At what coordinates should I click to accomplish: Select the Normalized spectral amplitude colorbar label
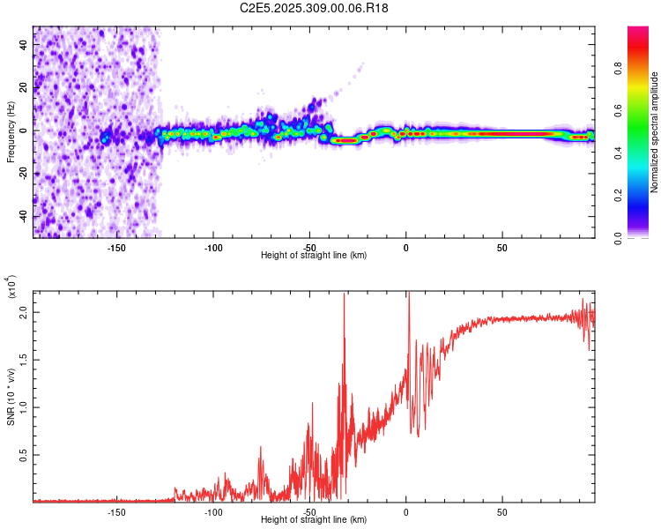[655, 132]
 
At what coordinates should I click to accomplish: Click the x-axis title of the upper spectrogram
[314, 255]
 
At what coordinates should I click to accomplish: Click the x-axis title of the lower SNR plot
[314, 519]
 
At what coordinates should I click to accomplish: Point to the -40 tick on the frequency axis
[23, 216]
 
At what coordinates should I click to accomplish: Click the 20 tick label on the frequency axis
[23, 87]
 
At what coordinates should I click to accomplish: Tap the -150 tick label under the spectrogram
[117, 248]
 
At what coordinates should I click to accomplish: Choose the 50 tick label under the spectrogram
[501, 248]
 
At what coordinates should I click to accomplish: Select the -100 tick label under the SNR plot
[213, 511]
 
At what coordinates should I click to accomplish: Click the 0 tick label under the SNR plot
[405, 511]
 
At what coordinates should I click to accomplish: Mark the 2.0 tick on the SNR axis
[23, 313]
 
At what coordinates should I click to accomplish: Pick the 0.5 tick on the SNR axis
[23, 455]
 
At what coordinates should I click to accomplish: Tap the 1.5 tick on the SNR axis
[23, 360]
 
